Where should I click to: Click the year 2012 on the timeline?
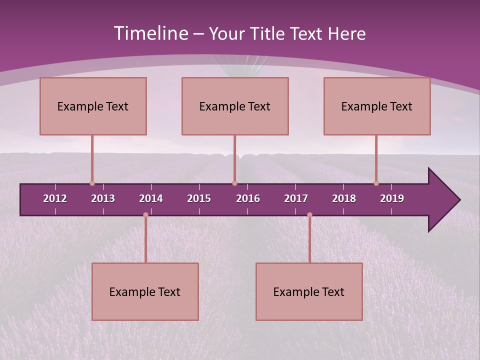tap(55, 198)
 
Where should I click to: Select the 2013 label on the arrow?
tap(103, 198)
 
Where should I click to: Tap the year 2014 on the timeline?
tap(151, 198)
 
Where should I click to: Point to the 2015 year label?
tap(199, 198)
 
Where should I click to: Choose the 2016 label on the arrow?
tap(248, 198)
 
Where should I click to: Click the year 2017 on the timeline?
tap(296, 198)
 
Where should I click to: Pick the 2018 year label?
tap(344, 198)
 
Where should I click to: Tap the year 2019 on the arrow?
tap(392, 198)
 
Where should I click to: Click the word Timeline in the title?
tap(150, 33)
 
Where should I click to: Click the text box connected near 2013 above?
tap(93, 106)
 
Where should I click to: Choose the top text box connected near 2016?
tap(235, 106)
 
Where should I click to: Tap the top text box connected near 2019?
tap(377, 106)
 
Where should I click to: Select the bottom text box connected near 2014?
tap(145, 291)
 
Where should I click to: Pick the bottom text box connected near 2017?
tap(309, 291)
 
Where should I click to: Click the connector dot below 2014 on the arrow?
tap(145, 215)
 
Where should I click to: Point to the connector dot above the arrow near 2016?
tap(234, 183)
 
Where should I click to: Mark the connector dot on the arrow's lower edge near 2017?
tap(309, 215)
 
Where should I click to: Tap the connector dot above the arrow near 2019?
tap(376, 183)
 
